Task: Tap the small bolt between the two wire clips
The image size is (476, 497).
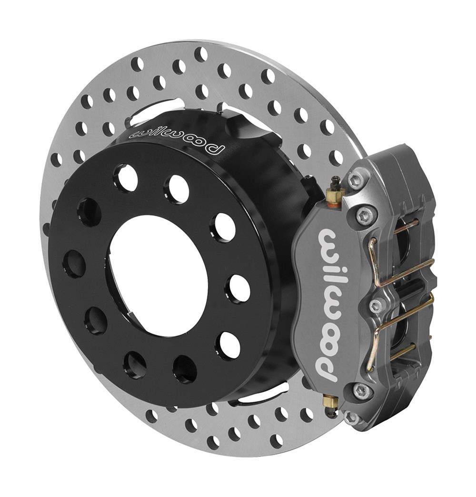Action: [x=376, y=305]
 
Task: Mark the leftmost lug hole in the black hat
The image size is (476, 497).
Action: [x=74, y=264]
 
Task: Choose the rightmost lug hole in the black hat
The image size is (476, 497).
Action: [x=238, y=288]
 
